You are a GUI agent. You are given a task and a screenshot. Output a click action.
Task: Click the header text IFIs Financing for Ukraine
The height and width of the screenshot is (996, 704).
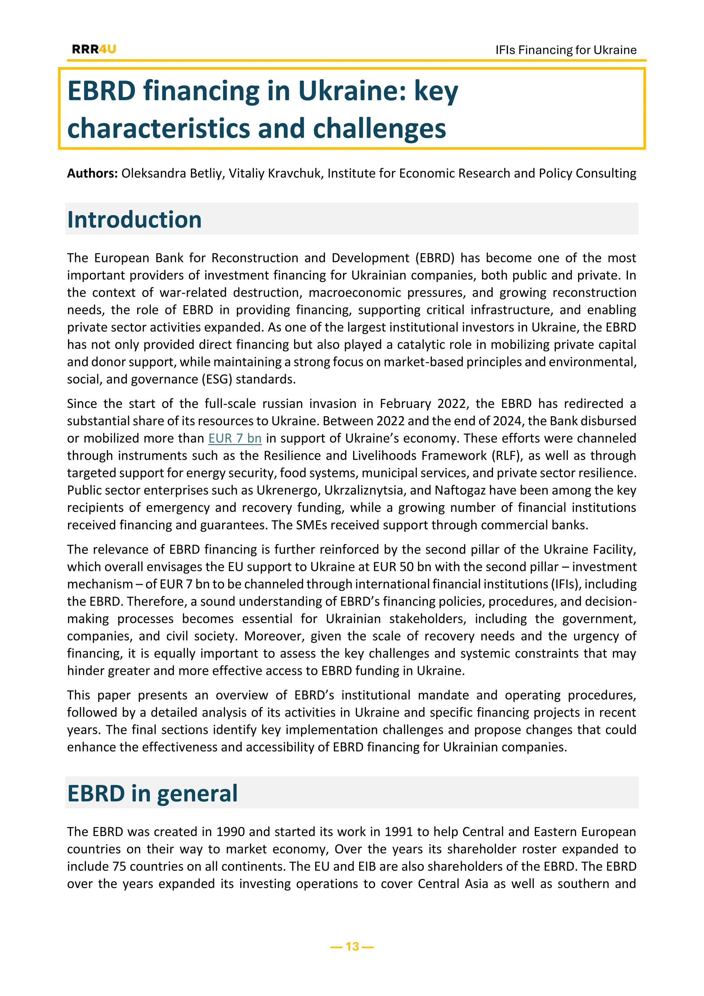(x=566, y=50)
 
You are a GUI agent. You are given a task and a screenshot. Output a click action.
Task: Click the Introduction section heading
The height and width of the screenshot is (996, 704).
(x=134, y=219)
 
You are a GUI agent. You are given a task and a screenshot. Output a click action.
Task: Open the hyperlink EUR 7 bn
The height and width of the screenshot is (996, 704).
(x=235, y=438)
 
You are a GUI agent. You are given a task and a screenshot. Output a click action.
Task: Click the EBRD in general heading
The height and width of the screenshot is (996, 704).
(x=152, y=793)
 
